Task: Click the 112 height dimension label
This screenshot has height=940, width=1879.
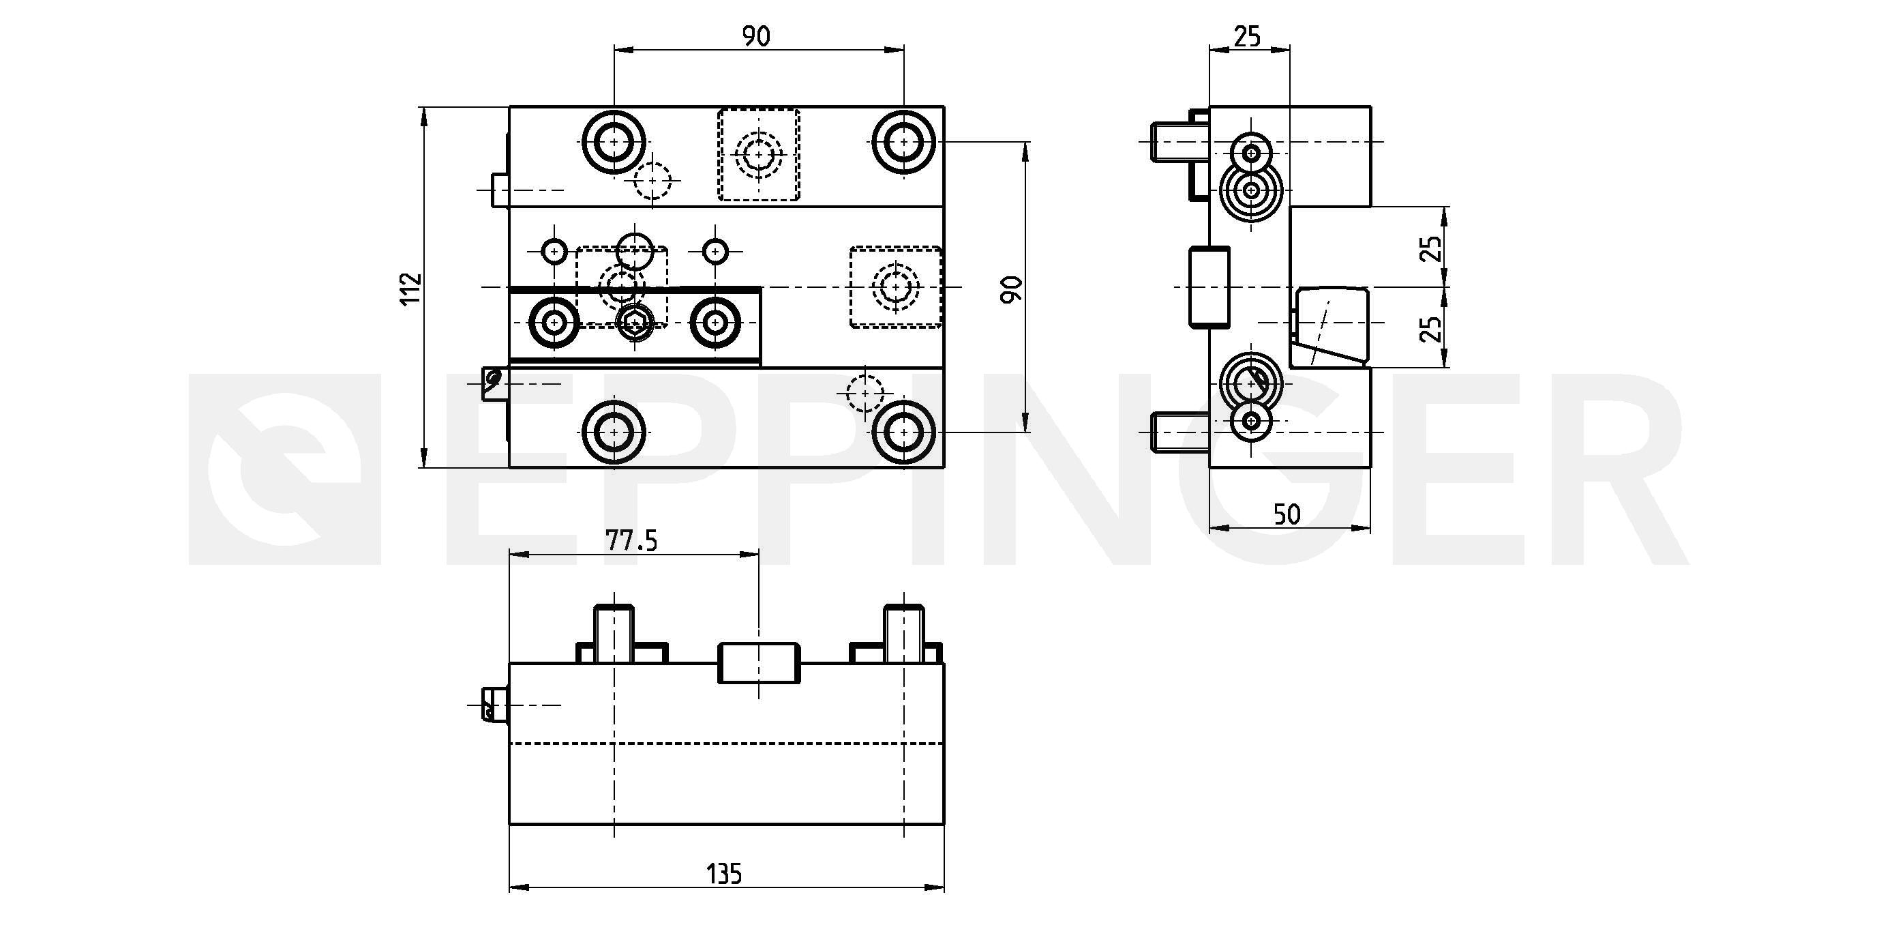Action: (411, 289)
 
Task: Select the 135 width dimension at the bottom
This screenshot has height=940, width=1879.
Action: (723, 874)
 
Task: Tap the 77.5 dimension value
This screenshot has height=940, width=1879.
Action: (631, 541)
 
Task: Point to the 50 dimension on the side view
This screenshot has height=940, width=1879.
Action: (1287, 514)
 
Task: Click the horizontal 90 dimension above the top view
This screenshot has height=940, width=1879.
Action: (756, 36)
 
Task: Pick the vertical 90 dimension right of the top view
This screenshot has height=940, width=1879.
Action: (1012, 289)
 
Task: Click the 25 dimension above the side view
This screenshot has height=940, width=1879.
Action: (1247, 35)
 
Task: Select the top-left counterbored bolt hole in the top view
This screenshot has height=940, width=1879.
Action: (614, 142)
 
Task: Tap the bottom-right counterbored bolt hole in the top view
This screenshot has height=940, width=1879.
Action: (904, 432)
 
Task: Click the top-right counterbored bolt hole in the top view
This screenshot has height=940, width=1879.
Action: (904, 142)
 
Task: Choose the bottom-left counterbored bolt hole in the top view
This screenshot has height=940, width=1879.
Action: (614, 432)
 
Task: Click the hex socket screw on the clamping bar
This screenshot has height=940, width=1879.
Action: (635, 322)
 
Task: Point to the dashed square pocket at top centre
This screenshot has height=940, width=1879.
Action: (759, 155)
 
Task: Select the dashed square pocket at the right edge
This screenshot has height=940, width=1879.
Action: (896, 287)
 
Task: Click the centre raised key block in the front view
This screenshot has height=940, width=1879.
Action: (759, 662)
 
